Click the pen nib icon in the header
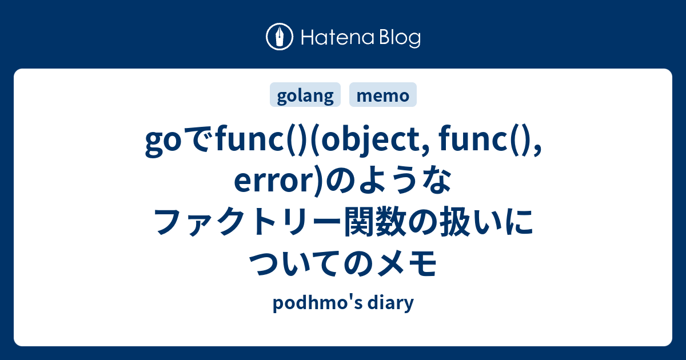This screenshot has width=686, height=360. point(280,38)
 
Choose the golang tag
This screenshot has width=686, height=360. point(305,96)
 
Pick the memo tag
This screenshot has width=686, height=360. point(383,96)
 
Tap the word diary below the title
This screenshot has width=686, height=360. point(392,303)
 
